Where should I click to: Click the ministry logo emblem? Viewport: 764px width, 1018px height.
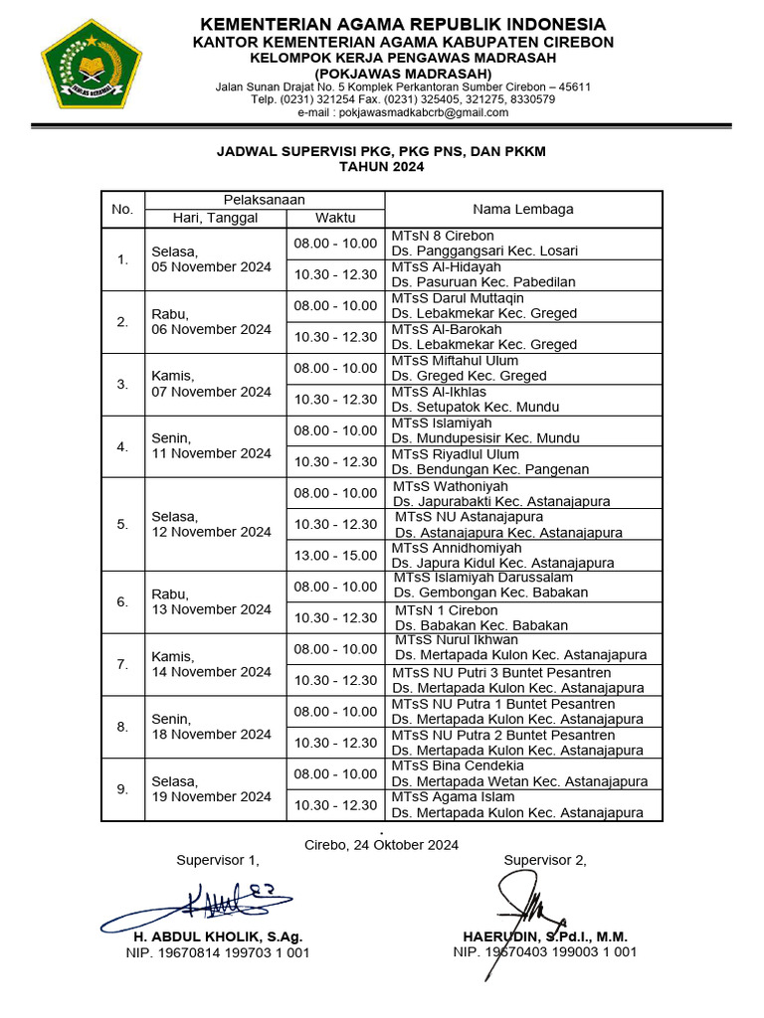pyautogui.click(x=92, y=66)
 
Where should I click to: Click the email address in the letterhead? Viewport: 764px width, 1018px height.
pyautogui.click(x=403, y=113)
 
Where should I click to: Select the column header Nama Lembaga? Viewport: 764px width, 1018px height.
pyautogui.click(x=522, y=210)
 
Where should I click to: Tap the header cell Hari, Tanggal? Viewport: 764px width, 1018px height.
pyautogui.click(x=215, y=218)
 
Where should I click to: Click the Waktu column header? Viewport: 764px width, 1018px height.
pyautogui.click(x=335, y=218)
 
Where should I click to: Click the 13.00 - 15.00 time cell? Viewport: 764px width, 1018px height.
pyautogui.click(x=335, y=555)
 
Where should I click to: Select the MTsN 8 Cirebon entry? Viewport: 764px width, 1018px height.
pyautogui.click(x=443, y=236)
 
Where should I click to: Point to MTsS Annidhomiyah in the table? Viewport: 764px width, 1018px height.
pyautogui.click(x=457, y=548)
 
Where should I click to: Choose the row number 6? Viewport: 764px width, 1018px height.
pyautogui.click(x=122, y=601)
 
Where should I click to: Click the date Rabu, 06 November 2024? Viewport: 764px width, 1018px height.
pyautogui.click(x=211, y=321)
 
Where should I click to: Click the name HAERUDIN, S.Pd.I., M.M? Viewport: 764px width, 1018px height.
pyautogui.click(x=545, y=936)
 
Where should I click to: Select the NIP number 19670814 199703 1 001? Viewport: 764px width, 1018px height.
pyautogui.click(x=218, y=952)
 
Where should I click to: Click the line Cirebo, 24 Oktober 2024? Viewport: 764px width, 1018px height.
pyautogui.click(x=381, y=845)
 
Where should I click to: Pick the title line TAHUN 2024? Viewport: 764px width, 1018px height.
pyautogui.click(x=381, y=167)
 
